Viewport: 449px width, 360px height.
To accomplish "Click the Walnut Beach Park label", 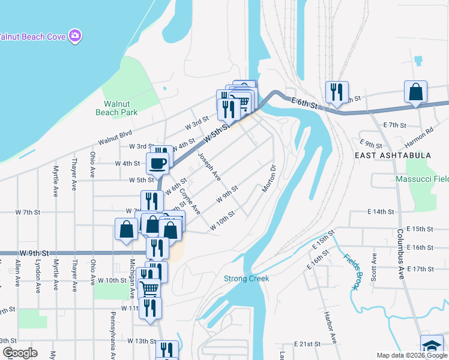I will point(116,107).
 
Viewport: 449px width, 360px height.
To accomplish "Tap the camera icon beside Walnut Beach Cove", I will point(75,36).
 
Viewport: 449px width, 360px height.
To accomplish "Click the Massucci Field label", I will point(422,179).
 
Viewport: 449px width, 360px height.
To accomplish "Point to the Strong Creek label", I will point(246,278).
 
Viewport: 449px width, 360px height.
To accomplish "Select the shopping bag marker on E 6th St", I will point(415,92).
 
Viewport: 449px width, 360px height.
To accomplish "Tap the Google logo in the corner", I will point(19,353).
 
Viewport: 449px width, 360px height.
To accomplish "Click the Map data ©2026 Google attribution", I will point(412,355).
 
